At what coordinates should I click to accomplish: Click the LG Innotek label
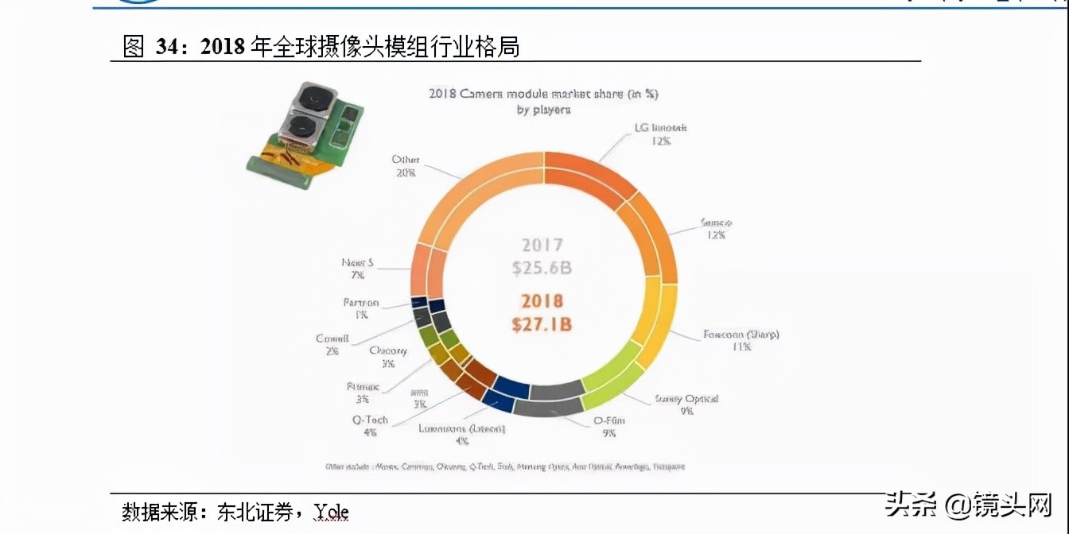(660, 128)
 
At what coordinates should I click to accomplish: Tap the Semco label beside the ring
(717, 223)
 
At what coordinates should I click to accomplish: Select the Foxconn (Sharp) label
(741, 335)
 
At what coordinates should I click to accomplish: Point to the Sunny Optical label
(686, 398)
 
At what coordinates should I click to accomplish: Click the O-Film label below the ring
(608, 420)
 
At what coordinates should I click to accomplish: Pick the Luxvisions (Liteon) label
(461, 429)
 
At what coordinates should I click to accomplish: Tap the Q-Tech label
(370, 420)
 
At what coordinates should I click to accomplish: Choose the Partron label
(360, 303)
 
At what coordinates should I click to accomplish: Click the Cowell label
(332, 339)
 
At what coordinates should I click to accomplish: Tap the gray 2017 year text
(542, 246)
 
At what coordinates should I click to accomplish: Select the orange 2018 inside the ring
(542, 301)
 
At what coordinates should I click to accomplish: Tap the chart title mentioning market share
(543, 95)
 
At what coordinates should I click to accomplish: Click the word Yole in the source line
(332, 512)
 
